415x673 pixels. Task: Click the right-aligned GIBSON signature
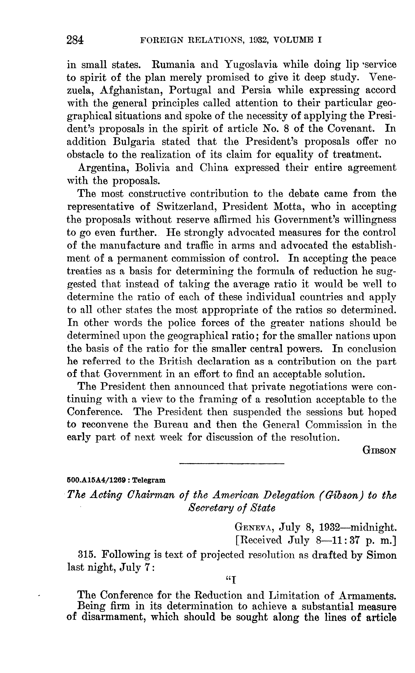380,450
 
